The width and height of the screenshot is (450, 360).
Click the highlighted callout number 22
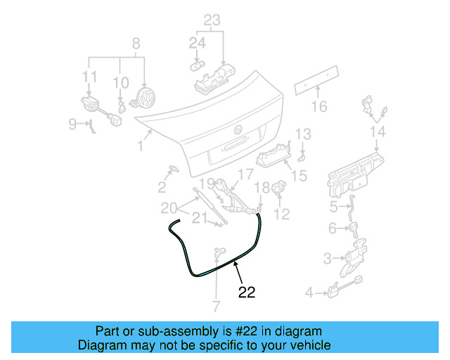pos(247,292)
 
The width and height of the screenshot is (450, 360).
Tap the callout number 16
pos(320,107)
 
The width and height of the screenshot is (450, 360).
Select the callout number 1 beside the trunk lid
pos(141,146)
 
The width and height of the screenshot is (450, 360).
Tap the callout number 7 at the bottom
pos(216,307)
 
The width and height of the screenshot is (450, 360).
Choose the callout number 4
pos(309,292)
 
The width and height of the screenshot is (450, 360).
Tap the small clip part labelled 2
pos(172,169)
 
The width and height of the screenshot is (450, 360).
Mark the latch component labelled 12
pos(278,189)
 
